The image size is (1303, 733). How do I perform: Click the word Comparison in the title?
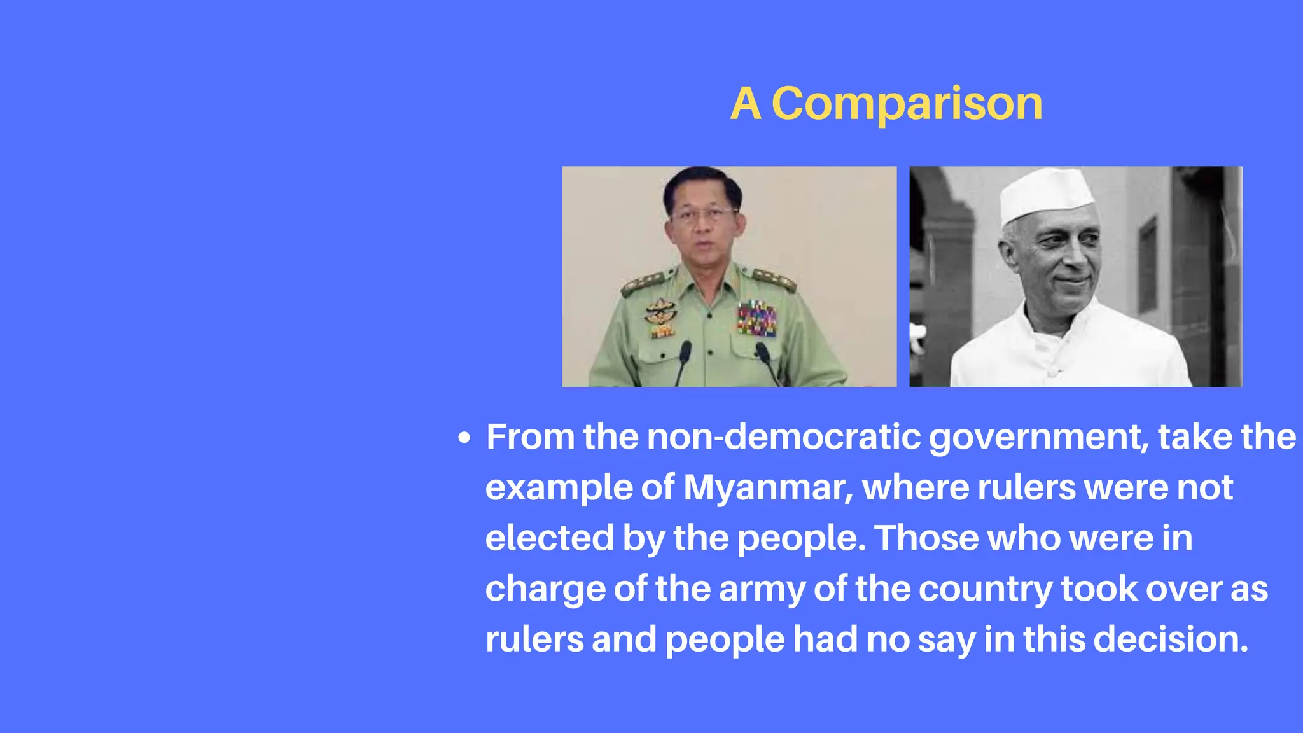tap(907, 103)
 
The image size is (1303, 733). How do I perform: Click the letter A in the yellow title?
tap(746, 103)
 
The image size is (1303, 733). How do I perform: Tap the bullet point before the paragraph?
tap(465, 438)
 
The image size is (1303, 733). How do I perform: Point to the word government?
tap(1039, 438)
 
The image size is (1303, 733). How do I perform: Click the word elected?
tap(549, 538)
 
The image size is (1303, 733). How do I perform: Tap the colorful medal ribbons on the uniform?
tap(756, 318)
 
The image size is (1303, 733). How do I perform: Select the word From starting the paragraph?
tap(530, 437)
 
